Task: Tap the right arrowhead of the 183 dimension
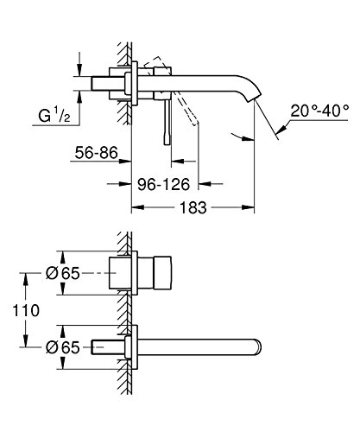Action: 256,207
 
